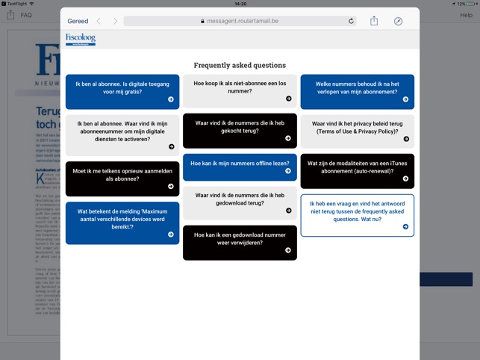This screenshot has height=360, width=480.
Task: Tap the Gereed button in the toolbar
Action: click(78, 21)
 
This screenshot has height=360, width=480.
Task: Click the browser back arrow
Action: click(99, 21)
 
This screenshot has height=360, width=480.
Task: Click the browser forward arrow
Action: click(115, 21)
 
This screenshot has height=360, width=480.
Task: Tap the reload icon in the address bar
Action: click(352, 21)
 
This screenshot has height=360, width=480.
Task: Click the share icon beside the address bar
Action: click(374, 21)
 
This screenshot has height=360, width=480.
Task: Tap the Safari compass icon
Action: click(398, 21)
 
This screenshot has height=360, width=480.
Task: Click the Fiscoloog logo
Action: click(81, 40)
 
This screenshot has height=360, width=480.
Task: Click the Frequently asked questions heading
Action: click(240, 65)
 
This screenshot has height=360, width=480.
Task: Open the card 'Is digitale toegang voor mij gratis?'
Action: click(122, 91)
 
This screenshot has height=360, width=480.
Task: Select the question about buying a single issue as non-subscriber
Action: click(240, 87)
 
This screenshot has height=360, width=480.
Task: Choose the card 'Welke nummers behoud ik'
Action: click(357, 91)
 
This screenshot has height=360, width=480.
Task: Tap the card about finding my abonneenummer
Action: click(122, 131)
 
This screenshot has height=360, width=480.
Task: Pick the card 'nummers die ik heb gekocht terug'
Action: click(240, 131)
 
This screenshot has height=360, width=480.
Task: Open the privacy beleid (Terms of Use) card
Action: click(357, 131)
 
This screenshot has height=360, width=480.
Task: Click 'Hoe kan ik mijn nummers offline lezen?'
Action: click(240, 167)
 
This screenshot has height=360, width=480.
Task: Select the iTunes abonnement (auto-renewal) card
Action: click(357, 171)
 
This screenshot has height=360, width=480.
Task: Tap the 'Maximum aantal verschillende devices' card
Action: click(122, 223)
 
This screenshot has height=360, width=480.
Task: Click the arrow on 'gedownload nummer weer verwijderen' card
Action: click(288, 250)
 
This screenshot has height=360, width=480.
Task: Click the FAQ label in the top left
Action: click(26, 15)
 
